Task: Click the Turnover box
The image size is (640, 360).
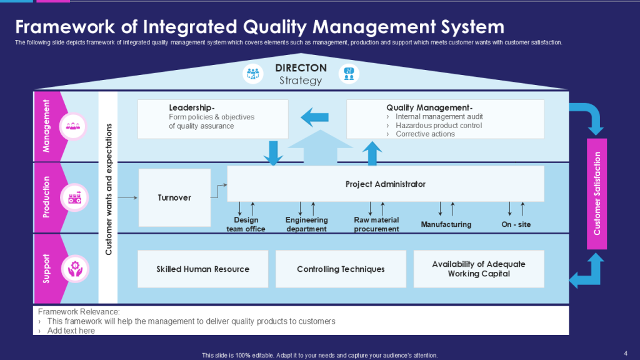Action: coord(174,197)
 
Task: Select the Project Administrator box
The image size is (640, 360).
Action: coord(385,184)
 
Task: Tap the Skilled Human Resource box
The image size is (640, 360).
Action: coord(202,269)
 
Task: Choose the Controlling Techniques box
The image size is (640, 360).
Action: coord(341,269)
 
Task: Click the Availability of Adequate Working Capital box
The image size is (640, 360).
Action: coord(479,269)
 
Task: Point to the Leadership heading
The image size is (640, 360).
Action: coord(192,107)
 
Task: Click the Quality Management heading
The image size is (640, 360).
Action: coord(429,107)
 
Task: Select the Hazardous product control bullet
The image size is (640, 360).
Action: coord(439,126)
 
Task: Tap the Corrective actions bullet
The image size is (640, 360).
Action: coord(425,134)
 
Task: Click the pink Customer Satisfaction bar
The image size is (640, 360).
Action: coord(597,194)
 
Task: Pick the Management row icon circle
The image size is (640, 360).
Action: coord(72,126)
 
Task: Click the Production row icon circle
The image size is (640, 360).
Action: coord(72,198)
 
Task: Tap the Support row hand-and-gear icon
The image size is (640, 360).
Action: coord(72,269)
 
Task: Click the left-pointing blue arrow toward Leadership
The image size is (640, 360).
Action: coord(315,116)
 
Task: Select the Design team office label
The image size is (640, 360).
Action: coord(246,224)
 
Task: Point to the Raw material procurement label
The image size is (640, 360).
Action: coord(376,224)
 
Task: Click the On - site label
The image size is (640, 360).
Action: coord(516,224)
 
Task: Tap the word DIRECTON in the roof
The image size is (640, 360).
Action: coord(301,67)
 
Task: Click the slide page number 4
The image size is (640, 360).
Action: coord(626,352)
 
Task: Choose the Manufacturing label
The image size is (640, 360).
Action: coord(446,224)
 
